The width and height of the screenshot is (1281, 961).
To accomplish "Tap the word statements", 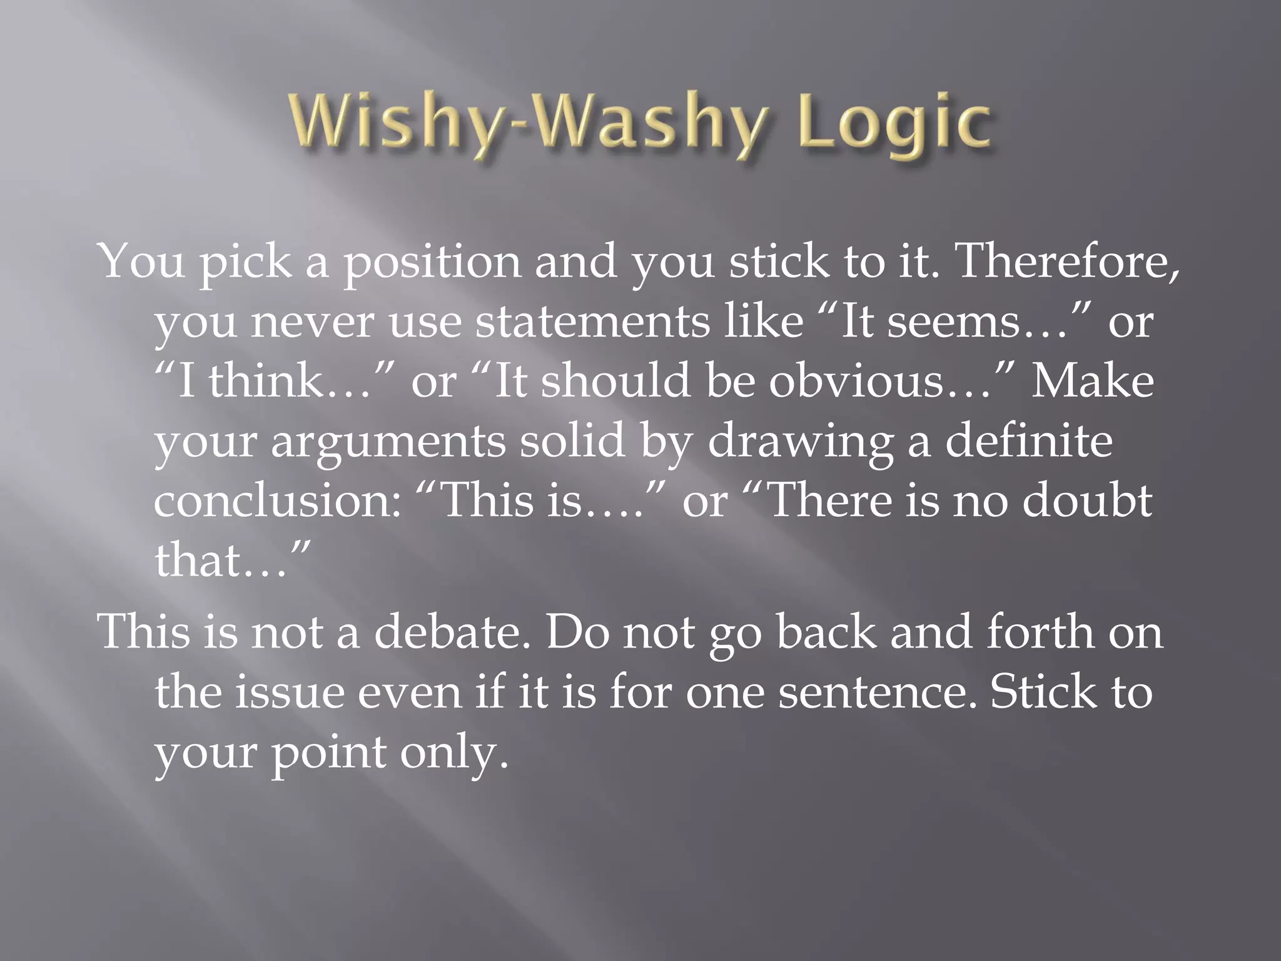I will [x=592, y=322].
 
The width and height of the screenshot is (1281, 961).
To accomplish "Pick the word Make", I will [x=1092, y=381].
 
